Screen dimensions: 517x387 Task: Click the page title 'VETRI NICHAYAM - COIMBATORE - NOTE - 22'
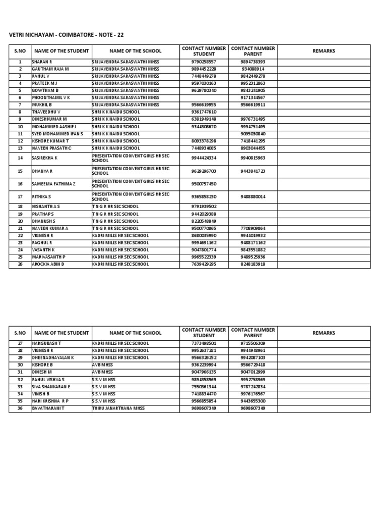point(66,34)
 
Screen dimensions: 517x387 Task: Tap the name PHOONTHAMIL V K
point(51,97)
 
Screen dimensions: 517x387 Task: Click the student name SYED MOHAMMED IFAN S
point(57,134)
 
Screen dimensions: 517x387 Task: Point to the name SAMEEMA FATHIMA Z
point(53,184)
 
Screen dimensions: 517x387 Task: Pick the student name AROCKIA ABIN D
point(48,264)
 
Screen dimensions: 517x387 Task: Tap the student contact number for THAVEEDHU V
point(204,112)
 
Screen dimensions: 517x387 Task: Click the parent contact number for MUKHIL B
point(253,105)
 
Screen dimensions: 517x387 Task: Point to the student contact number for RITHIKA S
point(204,196)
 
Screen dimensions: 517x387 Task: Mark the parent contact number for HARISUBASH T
point(253,343)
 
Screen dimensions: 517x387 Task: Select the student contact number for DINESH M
point(204,372)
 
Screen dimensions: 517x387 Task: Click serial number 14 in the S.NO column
point(20,158)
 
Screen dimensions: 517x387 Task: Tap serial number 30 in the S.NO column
point(20,365)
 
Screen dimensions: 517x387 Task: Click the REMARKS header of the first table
point(324,51)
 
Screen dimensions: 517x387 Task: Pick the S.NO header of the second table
point(20,333)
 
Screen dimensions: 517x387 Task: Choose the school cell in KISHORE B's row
point(103,365)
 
